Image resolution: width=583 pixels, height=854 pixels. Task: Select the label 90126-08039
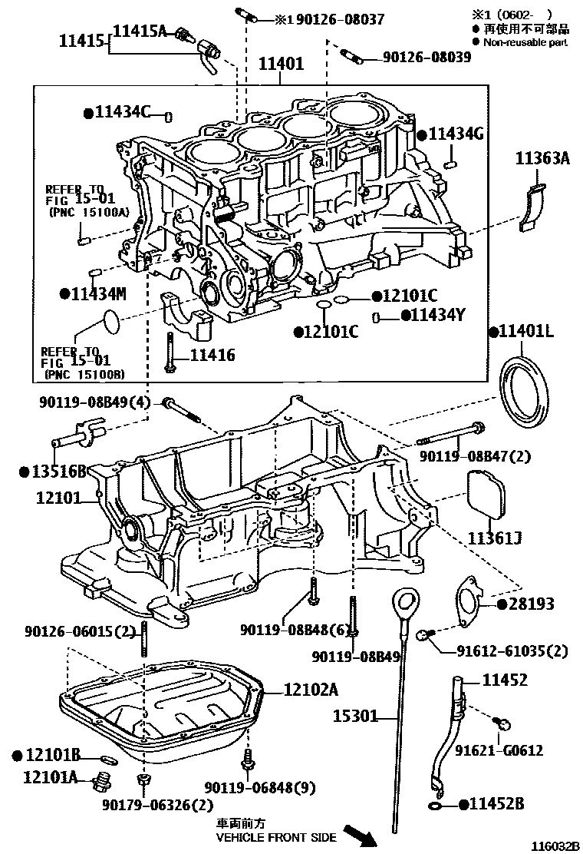click(x=427, y=57)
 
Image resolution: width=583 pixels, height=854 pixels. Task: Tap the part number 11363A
click(x=542, y=159)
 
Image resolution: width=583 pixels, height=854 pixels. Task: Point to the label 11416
click(x=212, y=355)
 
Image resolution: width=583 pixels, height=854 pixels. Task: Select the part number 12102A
click(x=310, y=689)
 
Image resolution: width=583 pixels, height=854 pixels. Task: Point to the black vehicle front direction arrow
click(x=360, y=835)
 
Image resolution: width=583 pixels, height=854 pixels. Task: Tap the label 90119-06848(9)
click(x=261, y=787)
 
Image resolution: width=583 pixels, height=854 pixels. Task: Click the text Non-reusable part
click(x=525, y=42)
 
